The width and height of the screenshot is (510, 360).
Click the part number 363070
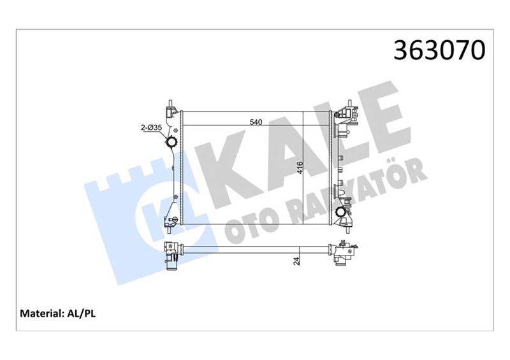point(441,50)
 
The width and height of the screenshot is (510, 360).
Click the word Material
point(40,313)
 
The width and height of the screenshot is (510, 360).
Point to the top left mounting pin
point(170,103)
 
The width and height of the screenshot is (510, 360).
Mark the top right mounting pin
point(349,103)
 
